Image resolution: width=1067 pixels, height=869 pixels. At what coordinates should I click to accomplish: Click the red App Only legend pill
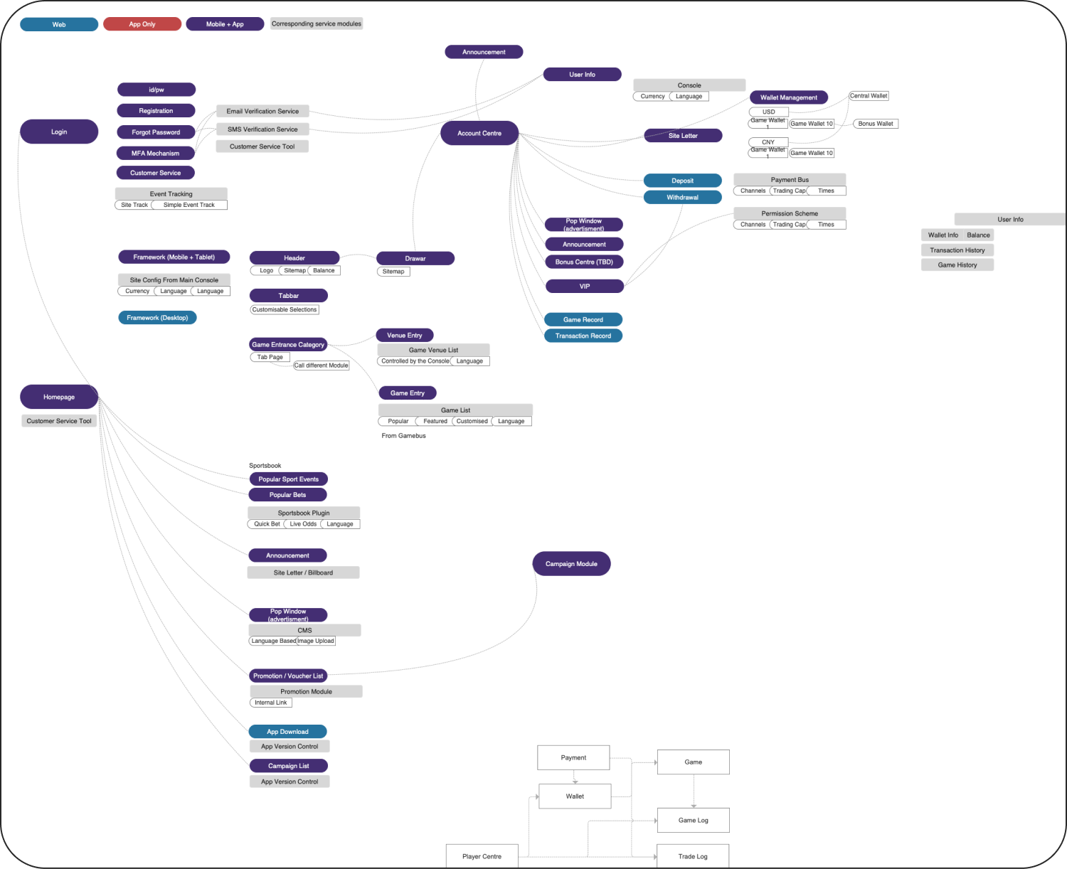(x=142, y=24)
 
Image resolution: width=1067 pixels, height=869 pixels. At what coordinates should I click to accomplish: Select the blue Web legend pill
(x=59, y=24)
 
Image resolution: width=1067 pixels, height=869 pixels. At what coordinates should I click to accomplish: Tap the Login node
(x=59, y=132)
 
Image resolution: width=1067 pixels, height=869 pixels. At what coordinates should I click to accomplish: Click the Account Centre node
(x=479, y=133)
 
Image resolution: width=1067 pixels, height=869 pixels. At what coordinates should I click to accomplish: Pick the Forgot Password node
(x=156, y=132)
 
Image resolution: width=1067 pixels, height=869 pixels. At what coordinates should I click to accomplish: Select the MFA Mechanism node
(x=156, y=153)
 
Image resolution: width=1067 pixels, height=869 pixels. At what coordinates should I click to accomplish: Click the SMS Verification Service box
(x=262, y=129)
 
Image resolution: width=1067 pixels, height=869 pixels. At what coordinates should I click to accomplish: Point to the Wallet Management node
(x=788, y=97)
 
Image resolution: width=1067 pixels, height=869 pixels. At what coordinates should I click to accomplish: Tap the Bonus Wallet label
(x=875, y=124)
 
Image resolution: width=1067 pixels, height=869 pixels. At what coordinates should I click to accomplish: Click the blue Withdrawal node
(x=682, y=197)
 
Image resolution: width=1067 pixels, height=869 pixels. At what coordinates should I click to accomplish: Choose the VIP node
(x=584, y=286)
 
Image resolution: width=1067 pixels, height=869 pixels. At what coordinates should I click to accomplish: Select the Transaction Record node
(x=583, y=336)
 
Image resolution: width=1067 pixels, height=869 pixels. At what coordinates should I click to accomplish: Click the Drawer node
(x=415, y=258)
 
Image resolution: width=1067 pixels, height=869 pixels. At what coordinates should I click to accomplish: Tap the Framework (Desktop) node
(x=157, y=318)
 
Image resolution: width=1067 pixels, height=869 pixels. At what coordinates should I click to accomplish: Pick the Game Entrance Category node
(x=288, y=344)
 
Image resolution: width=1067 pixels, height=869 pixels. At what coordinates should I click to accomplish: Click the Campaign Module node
(x=571, y=564)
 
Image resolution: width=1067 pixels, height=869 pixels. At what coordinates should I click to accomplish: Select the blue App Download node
(x=287, y=731)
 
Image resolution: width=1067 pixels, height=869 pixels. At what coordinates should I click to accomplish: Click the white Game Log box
(x=693, y=820)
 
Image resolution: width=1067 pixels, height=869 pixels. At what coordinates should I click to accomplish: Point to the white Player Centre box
(x=482, y=856)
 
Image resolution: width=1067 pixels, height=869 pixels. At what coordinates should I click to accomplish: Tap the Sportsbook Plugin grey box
(x=304, y=513)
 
